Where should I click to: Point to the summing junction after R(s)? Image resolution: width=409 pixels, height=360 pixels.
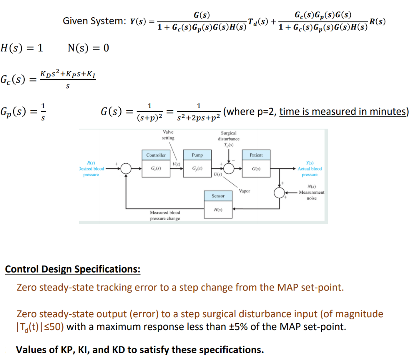click(x=126, y=169)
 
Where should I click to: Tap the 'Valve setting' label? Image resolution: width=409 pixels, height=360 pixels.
click(x=168, y=135)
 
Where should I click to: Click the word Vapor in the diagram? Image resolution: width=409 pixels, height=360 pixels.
click(x=244, y=191)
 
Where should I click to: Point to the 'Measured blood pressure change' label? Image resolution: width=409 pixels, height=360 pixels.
click(x=165, y=215)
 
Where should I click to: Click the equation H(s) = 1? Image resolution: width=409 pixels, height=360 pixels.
click(x=22, y=48)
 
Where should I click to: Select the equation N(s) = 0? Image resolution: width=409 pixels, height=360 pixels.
click(x=88, y=48)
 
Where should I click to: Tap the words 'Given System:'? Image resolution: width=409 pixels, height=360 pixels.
click(x=94, y=21)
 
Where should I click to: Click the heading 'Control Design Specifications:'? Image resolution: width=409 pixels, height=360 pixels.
click(x=72, y=269)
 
